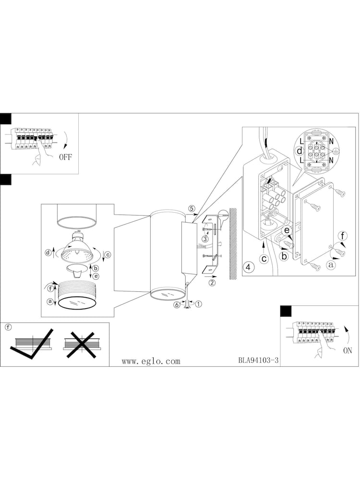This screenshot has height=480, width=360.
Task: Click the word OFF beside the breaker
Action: pyautogui.click(x=65, y=157)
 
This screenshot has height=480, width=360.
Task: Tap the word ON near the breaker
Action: pyautogui.click(x=348, y=350)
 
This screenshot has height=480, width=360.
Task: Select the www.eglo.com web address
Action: pyautogui.click(x=151, y=361)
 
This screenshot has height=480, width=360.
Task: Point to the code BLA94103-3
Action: pyautogui.click(x=258, y=360)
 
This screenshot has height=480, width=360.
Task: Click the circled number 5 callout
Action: pyautogui.click(x=192, y=209)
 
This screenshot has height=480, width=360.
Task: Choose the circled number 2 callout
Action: pyautogui.click(x=212, y=283)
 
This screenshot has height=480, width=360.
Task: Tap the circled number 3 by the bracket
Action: pyautogui.click(x=205, y=239)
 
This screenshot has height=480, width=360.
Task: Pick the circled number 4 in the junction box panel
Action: pyautogui.click(x=248, y=267)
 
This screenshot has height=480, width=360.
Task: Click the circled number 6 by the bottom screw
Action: pyautogui.click(x=177, y=305)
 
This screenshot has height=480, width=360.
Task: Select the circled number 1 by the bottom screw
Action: pyautogui.click(x=199, y=304)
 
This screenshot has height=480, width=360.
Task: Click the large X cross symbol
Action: pyautogui.click(x=81, y=345)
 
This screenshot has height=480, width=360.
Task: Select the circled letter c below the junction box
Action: pyautogui.click(x=264, y=259)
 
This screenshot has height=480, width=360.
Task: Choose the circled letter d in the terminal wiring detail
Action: pyautogui.click(x=300, y=151)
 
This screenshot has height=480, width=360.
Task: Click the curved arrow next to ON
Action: pyautogui.click(x=347, y=334)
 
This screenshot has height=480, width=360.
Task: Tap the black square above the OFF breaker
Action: pyautogui.click(x=5, y=119)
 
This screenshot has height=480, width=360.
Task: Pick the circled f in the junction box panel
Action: pyautogui.click(x=343, y=236)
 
